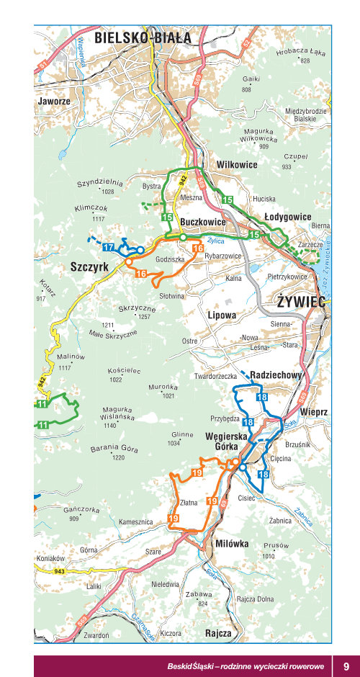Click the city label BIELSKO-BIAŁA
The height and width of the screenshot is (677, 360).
pyautogui.click(x=143, y=37)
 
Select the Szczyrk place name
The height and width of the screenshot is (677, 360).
pyautogui.click(x=89, y=266)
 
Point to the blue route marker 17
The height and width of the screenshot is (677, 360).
pyautogui.click(x=109, y=248)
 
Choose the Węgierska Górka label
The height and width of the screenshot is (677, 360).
pyautogui.click(x=226, y=441)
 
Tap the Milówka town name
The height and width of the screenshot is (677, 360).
pyautogui.click(x=232, y=544)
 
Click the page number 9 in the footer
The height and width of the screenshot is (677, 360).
pyautogui.click(x=346, y=666)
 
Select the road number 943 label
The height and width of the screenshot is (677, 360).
pyautogui.click(x=59, y=571)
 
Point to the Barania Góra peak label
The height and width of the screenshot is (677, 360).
pyautogui.click(x=114, y=449)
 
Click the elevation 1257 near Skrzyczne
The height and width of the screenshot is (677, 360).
pyautogui.click(x=145, y=317)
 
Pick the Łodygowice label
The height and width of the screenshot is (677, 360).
pyautogui.click(x=287, y=217)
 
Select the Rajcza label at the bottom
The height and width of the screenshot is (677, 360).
pyautogui.click(x=218, y=633)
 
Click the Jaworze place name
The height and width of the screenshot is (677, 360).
pyautogui.click(x=54, y=102)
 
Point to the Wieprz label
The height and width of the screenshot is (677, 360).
pyautogui.click(x=315, y=411)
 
